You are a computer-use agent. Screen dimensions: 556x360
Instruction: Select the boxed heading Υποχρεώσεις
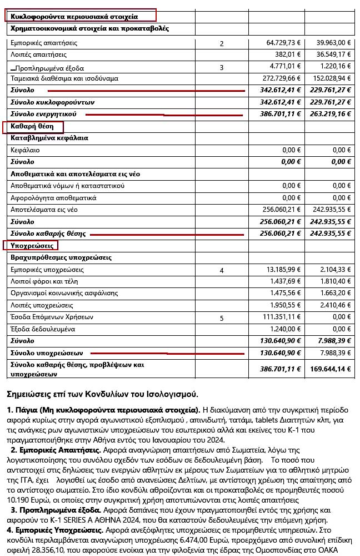point(31,245)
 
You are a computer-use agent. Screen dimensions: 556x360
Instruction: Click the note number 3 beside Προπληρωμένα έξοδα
point(222,68)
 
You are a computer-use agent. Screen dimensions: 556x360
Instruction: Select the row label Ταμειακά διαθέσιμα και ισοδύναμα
point(64,78)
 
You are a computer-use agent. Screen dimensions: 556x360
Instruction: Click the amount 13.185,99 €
point(283,270)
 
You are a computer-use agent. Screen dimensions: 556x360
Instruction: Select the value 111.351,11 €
point(281,317)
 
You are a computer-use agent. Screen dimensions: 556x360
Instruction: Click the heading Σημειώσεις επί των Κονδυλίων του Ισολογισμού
point(102,395)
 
